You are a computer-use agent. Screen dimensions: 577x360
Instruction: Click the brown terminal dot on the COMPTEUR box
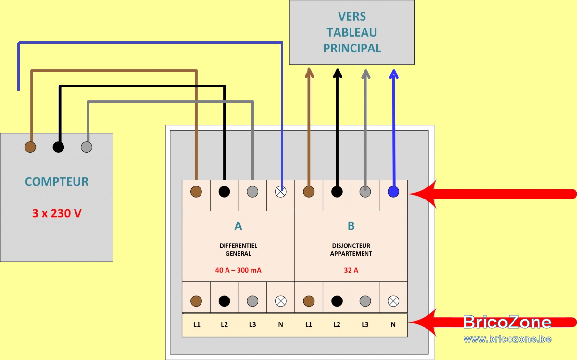click(30, 147)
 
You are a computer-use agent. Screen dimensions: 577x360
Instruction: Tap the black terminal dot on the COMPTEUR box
click(59, 147)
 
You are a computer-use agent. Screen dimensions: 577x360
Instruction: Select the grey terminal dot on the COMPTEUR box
click(87, 147)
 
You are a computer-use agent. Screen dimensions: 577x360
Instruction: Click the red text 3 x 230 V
click(57, 213)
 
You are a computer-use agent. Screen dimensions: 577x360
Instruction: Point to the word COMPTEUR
click(57, 182)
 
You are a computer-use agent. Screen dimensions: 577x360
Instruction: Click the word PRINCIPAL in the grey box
click(352, 49)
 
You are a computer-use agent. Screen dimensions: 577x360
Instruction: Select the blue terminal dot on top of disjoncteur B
click(393, 192)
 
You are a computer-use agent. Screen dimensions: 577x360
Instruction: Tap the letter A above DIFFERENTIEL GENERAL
click(238, 226)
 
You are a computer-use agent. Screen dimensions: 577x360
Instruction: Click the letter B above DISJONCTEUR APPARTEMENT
click(351, 226)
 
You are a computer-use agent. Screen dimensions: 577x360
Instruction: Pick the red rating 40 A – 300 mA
click(238, 270)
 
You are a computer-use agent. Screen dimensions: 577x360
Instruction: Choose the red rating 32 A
click(351, 270)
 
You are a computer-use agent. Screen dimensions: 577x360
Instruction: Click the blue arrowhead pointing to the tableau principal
click(394, 74)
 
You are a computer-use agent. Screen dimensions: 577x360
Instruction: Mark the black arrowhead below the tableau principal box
click(338, 74)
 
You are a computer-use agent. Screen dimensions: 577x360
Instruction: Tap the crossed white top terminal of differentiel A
click(280, 192)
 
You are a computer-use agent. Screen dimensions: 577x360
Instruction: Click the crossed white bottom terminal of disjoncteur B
click(393, 301)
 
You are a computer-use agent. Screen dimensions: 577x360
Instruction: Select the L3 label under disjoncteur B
click(365, 324)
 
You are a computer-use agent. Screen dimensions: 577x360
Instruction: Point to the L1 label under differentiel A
click(197, 324)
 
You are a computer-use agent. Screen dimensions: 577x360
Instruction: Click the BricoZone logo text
click(507, 322)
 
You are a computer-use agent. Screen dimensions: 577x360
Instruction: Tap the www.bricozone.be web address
click(507, 339)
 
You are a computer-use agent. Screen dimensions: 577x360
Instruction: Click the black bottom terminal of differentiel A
click(225, 301)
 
